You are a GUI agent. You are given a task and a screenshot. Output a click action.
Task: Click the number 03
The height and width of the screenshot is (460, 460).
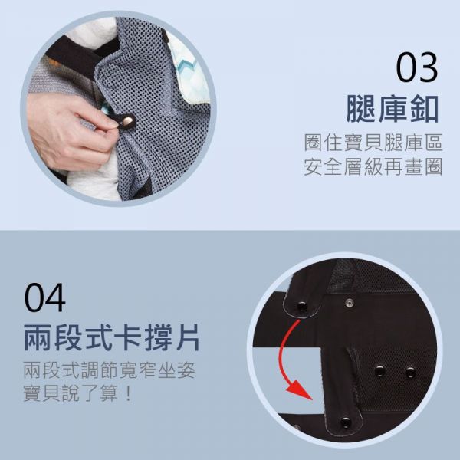pyautogui.click(x=416, y=67)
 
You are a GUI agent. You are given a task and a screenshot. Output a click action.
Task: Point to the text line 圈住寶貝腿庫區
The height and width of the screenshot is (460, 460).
pyautogui.click(x=373, y=143)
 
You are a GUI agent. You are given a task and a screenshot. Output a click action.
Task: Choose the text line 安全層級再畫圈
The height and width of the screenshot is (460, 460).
pyautogui.click(x=373, y=166)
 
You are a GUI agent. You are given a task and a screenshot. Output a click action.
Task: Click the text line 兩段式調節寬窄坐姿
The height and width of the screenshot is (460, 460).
pyautogui.click(x=109, y=370)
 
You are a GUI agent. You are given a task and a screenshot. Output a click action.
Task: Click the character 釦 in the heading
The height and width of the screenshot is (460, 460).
pyautogui.click(x=426, y=108)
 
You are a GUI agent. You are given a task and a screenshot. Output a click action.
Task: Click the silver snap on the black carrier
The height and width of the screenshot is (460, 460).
pyautogui.click(x=350, y=303)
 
